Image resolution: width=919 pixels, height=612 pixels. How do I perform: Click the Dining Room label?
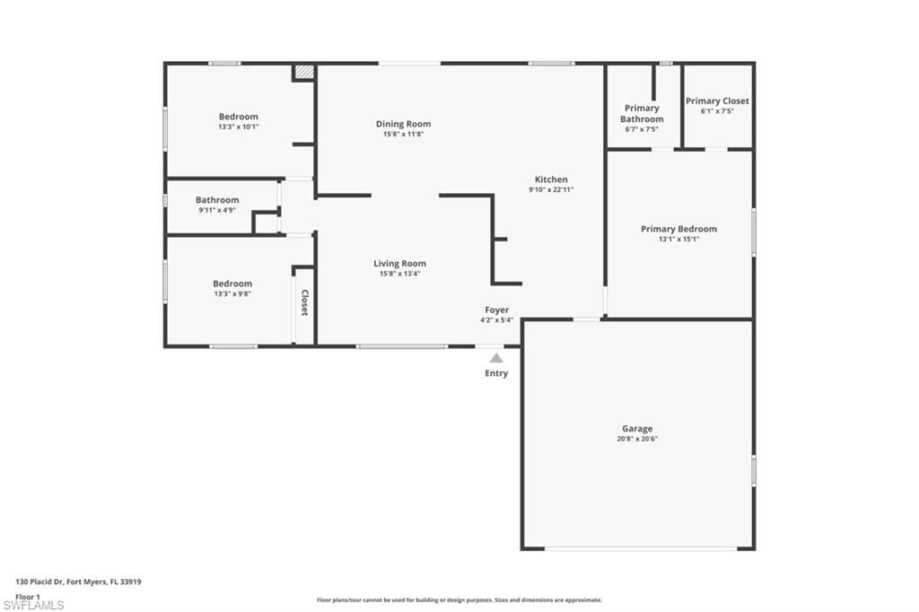[x=403, y=124]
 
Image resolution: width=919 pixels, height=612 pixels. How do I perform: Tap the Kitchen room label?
[x=551, y=179]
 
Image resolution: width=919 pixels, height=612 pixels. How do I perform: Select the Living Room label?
[x=399, y=263]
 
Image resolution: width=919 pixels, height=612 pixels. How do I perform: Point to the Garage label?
[x=637, y=429]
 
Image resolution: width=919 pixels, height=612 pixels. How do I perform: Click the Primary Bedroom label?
[x=678, y=229]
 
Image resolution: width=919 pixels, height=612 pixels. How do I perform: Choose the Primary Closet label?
[x=717, y=101]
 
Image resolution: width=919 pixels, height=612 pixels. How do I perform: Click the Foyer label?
[x=496, y=310]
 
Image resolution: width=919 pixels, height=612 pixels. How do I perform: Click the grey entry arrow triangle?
[x=496, y=357]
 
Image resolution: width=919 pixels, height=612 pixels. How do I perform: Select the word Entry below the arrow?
[x=496, y=373]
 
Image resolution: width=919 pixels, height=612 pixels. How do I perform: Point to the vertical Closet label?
[x=304, y=302]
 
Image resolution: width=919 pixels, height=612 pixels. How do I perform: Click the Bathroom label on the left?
[x=217, y=200]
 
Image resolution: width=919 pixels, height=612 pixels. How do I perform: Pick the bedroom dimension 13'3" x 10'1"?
[x=238, y=127]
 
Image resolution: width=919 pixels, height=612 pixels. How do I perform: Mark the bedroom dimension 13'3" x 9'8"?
[x=232, y=293]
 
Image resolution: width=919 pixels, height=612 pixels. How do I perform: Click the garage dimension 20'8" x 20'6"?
[x=637, y=439]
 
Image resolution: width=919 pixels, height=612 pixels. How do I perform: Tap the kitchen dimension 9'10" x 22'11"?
[x=551, y=189]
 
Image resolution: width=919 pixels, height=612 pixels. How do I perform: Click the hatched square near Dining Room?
[x=304, y=72]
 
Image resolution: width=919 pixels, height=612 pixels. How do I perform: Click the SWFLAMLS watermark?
[x=34, y=605]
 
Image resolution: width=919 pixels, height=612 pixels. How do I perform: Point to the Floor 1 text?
[x=28, y=596]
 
